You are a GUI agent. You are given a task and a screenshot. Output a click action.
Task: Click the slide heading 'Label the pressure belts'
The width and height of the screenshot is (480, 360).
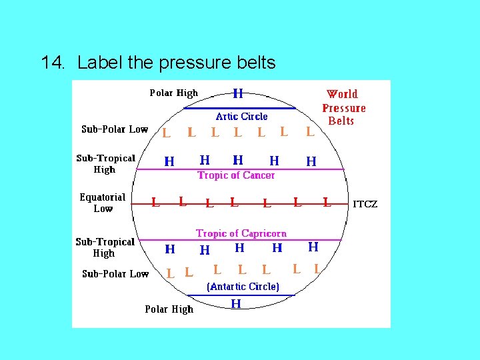click(x=176, y=63)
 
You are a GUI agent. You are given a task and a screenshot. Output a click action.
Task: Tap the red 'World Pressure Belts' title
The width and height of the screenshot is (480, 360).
click(x=343, y=107)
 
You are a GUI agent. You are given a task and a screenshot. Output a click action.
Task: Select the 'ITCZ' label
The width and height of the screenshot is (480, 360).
click(x=365, y=204)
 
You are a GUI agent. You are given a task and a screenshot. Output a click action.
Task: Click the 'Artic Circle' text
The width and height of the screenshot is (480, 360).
click(x=241, y=117)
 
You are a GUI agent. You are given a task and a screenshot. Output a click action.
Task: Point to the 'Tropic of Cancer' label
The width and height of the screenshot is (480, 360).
click(x=236, y=175)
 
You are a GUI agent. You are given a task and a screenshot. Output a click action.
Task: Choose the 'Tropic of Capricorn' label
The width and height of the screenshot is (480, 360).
click(x=241, y=233)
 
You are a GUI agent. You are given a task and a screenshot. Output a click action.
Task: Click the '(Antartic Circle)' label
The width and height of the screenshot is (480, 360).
click(x=243, y=287)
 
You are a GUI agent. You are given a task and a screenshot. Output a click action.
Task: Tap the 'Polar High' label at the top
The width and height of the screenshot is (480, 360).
click(x=173, y=93)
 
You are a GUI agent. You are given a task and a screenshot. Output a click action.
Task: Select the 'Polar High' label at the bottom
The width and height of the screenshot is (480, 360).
click(x=169, y=309)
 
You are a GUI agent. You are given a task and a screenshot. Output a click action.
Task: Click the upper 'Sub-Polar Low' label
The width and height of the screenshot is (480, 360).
click(x=115, y=129)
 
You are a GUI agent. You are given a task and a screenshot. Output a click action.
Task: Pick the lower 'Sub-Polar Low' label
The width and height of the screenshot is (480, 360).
click(x=115, y=274)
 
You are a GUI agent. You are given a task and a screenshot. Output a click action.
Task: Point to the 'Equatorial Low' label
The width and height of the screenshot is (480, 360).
click(x=103, y=203)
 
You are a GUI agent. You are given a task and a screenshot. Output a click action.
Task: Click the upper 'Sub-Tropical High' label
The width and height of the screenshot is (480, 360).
click(x=105, y=164)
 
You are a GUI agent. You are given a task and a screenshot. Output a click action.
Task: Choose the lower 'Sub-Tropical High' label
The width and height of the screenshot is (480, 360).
click(x=105, y=247)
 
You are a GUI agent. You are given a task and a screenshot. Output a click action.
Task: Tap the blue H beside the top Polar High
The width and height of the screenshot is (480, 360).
click(x=237, y=94)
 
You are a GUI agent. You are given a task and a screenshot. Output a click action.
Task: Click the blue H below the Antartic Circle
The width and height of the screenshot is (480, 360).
click(x=236, y=304)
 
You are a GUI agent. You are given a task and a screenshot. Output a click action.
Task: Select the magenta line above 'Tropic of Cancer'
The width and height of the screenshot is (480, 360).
click(x=240, y=169)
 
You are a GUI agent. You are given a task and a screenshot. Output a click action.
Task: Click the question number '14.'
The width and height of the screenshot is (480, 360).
click(x=53, y=63)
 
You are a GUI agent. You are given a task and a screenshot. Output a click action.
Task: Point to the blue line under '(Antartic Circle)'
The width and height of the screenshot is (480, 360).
click(x=241, y=295)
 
